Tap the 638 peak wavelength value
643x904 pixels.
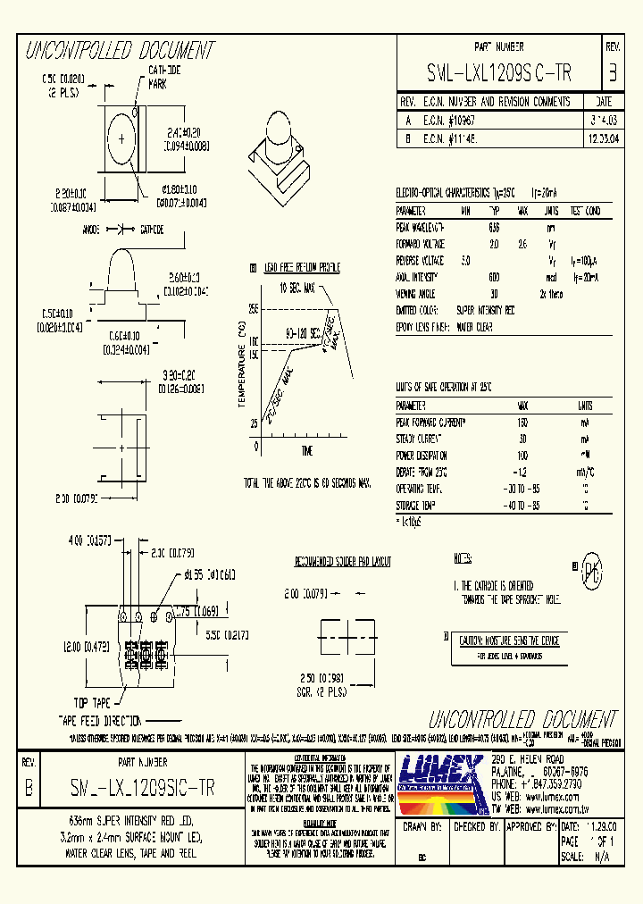494,227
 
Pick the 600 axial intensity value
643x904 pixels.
494,277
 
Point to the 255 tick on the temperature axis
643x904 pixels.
253,308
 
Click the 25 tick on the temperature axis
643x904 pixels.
254,423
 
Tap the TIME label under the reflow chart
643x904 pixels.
307,449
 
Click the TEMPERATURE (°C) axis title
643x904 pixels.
241,365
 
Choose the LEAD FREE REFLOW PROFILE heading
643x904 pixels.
299,267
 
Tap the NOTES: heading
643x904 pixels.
463,558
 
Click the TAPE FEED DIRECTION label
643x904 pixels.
100,718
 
